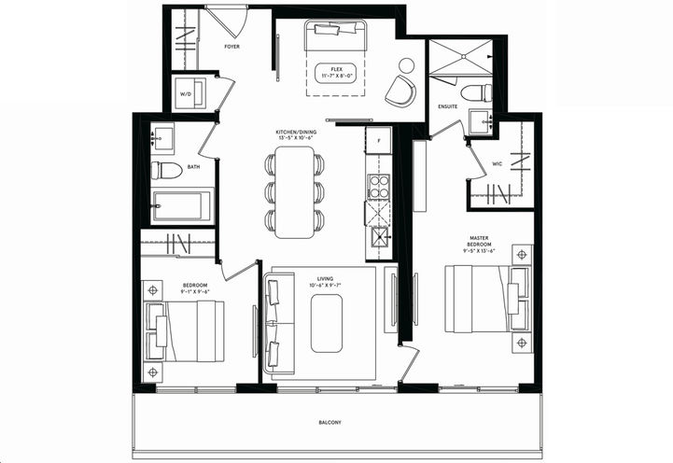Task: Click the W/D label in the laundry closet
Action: point(185,93)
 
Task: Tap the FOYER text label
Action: point(232,45)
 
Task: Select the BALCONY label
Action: point(329,423)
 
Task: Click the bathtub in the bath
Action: point(183,205)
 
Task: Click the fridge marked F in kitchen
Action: point(378,140)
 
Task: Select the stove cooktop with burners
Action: point(378,186)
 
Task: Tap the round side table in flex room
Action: point(407,65)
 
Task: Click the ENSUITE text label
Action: point(448,106)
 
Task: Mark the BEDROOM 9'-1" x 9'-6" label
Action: point(195,287)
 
